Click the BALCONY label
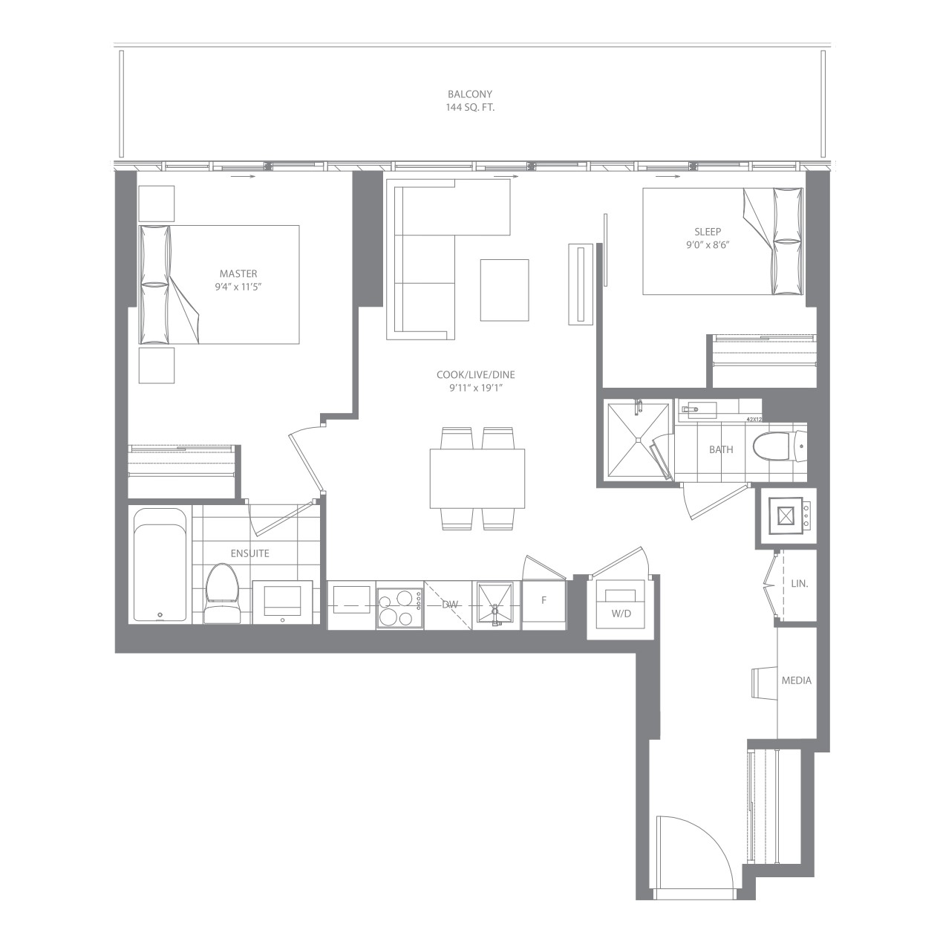pyautogui.click(x=470, y=94)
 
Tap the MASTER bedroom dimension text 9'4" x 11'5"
pyautogui.click(x=238, y=287)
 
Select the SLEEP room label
pyautogui.click(x=708, y=232)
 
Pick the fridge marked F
pyautogui.click(x=544, y=605)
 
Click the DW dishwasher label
pyautogui.click(x=450, y=605)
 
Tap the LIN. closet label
pyautogui.click(x=799, y=583)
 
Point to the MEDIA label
pyautogui.click(x=797, y=680)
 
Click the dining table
pyautogui.click(x=477, y=478)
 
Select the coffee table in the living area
pyautogui.click(x=504, y=290)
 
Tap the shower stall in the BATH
pyautogui.click(x=637, y=440)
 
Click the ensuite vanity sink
pyautogui.click(x=282, y=602)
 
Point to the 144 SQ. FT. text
pyautogui.click(x=470, y=108)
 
